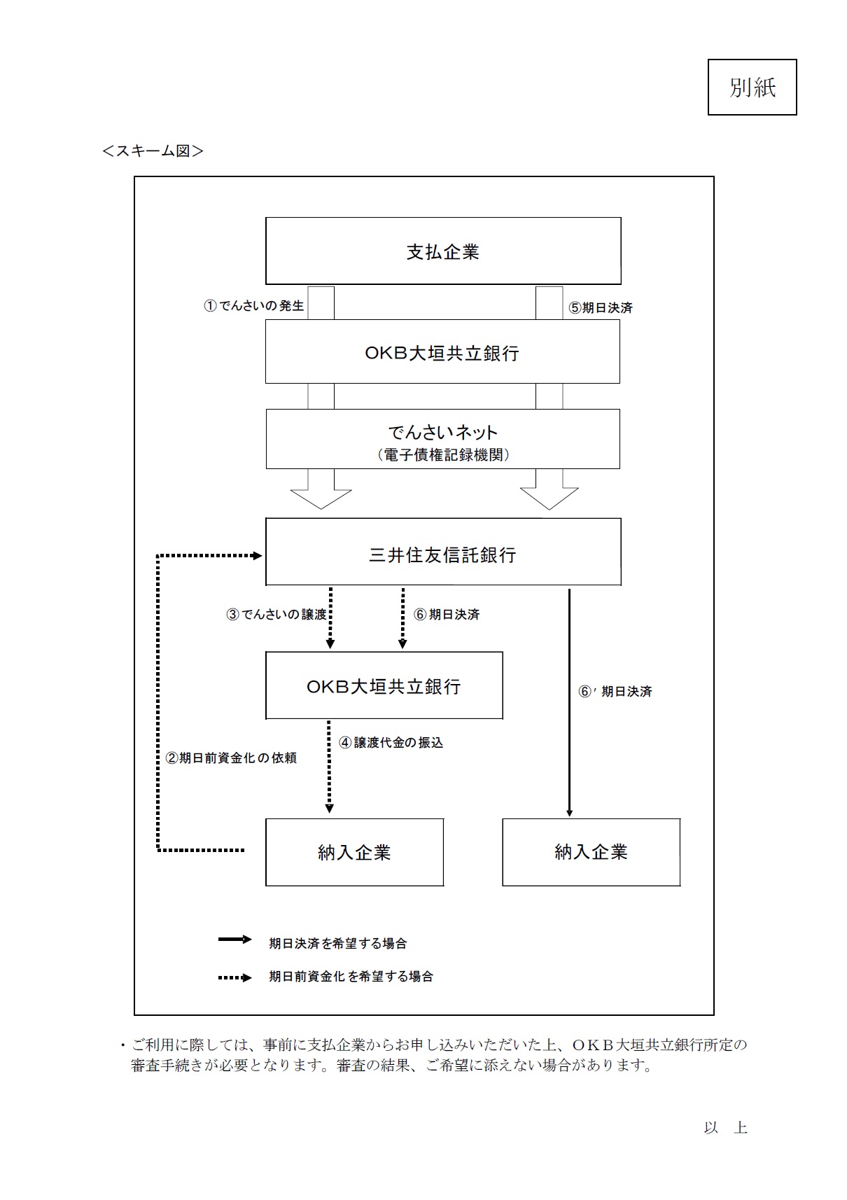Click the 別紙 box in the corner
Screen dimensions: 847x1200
pyautogui.click(x=752, y=87)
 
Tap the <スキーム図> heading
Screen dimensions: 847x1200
pyautogui.click(x=153, y=151)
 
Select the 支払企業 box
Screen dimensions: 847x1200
pyautogui.click(x=443, y=251)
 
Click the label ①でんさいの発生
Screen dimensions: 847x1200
pyautogui.click(x=253, y=306)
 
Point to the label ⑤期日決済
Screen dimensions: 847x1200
pyautogui.click(x=600, y=307)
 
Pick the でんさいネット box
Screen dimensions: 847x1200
pyautogui.click(x=442, y=439)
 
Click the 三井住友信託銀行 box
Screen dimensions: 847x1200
pyautogui.click(x=443, y=552)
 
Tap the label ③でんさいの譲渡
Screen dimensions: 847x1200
pyautogui.click(x=276, y=614)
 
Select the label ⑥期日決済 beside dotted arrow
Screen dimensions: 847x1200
pyautogui.click(x=447, y=614)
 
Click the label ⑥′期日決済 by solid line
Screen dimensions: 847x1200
pyautogui.click(x=615, y=691)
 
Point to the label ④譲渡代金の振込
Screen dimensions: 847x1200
pyautogui.click(x=391, y=743)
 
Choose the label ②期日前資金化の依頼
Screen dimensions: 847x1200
pyautogui.click(x=231, y=758)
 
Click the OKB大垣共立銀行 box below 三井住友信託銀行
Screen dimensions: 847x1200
pyautogui.click(x=384, y=685)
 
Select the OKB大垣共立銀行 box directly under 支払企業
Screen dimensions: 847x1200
pyautogui.click(x=442, y=351)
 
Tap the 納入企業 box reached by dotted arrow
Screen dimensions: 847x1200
pyautogui.click(x=354, y=852)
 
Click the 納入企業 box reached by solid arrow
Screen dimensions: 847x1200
pyautogui.click(x=591, y=852)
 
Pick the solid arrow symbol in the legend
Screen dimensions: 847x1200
pyautogui.click(x=234, y=939)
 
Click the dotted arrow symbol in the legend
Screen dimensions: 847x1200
pyautogui.click(x=234, y=977)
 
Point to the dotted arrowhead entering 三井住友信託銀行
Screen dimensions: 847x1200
pyautogui.click(x=258, y=556)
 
